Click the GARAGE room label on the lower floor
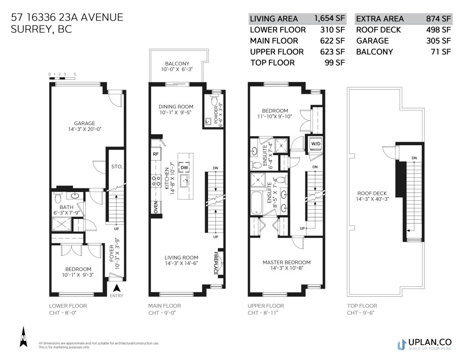click(84, 123)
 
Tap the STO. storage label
click(117, 167)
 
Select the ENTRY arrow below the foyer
click(117, 288)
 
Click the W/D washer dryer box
click(316, 143)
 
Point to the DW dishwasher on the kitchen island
click(184, 168)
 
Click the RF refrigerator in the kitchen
click(156, 154)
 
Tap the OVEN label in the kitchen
click(156, 207)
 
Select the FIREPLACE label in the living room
click(216, 264)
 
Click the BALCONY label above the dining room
click(177, 63)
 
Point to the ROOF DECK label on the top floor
click(372, 193)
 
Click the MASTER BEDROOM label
click(287, 263)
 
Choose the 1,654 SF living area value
click(330, 18)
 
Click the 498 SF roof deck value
click(438, 30)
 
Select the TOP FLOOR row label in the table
click(273, 63)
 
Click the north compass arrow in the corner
click(23, 336)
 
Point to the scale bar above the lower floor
click(62, 78)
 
